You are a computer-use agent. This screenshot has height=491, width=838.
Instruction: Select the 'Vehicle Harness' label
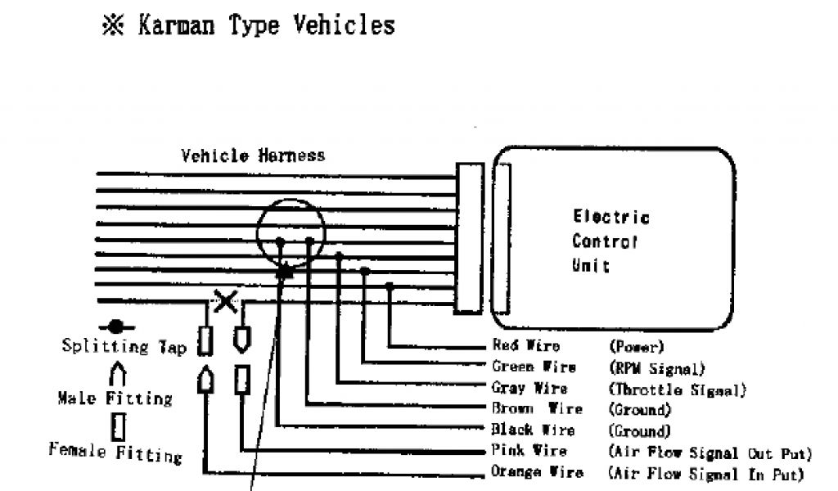tap(253, 155)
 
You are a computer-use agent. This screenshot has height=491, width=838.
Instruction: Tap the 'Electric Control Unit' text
tap(610, 241)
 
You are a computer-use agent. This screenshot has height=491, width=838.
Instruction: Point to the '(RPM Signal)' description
tap(656, 367)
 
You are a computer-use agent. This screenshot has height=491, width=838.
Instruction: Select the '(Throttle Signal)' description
tap(677, 389)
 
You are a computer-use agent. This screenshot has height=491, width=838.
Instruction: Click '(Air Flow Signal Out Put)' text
tap(710, 452)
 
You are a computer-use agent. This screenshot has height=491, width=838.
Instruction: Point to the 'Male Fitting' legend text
tap(115, 399)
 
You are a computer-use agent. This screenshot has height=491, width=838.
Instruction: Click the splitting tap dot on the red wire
tap(390, 286)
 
